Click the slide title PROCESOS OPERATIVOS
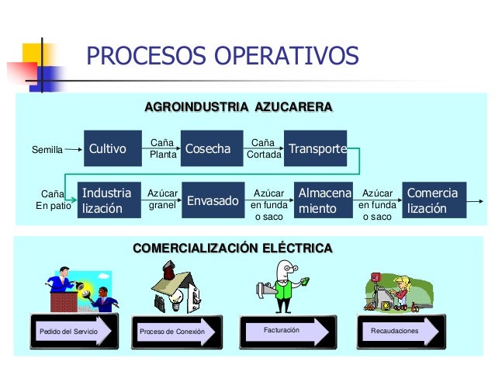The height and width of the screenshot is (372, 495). pyautogui.click(x=222, y=56)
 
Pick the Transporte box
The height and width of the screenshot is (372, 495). pyautogui.click(x=315, y=148)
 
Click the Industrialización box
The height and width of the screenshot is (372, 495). pyautogui.click(x=108, y=200)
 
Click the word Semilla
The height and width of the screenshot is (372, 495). pyautogui.click(x=46, y=149)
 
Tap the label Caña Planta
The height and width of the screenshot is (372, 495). pyautogui.click(x=162, y=148)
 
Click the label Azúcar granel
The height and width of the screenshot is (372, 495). pyautogui.click(x=162, y=200)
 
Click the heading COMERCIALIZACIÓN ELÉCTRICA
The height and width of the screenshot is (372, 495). pyautogui.click(x=233, y=248)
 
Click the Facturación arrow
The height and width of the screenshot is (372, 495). pyautogui.click(x=282, y=330)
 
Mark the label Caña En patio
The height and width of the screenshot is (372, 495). pyautogui.click(x=53, y=200)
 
